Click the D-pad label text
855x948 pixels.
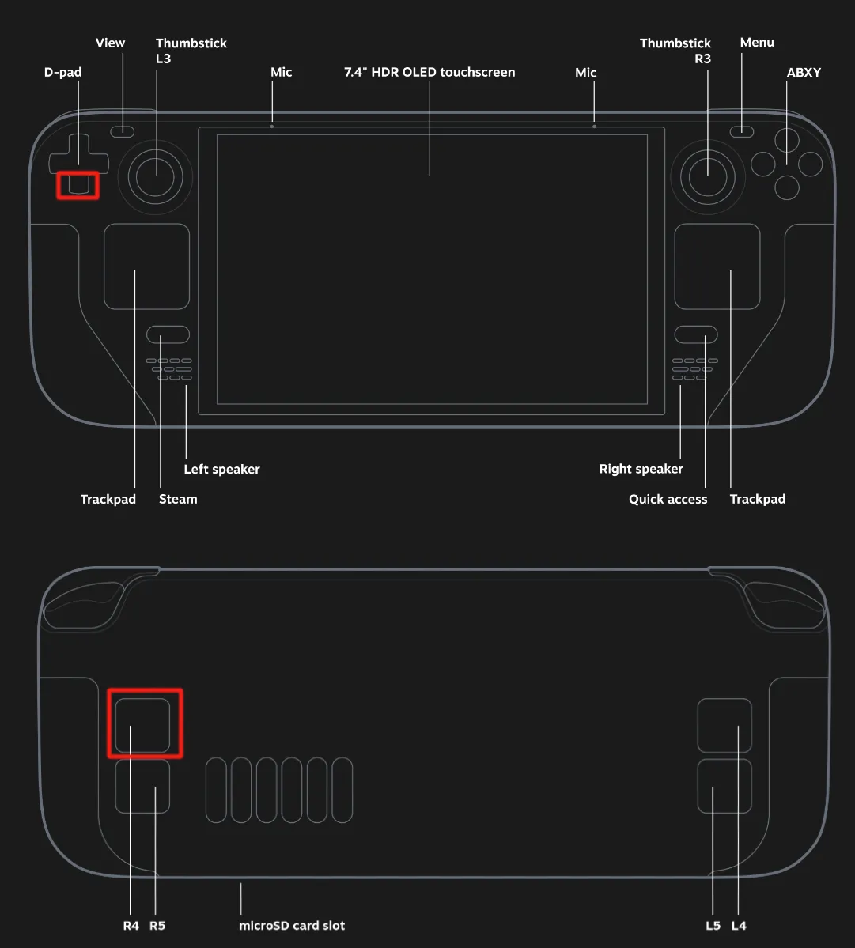coord(63,72)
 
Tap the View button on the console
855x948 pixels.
coord(122,131)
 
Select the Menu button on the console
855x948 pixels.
coord(742,131)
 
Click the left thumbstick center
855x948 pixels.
coord(155,177)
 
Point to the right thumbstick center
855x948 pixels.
coord(708,177)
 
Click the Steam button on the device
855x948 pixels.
coord(168,334)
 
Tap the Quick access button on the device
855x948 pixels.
coord(696,334)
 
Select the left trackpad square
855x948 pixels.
coord(147,266)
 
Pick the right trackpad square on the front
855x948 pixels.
coord(717,266)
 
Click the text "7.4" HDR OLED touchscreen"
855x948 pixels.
coord(429,72)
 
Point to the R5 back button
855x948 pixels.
coord(142,786)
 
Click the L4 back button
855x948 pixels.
coord(724,726)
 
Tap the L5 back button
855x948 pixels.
coord(724,786)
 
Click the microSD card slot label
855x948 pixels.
coord(291,926)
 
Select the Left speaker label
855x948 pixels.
coord(222,469)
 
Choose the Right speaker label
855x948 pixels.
coord(641,469)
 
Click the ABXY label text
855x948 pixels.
coord(804,72)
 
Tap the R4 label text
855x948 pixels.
coord(131,926)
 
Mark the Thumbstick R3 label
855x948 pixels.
coord(675,51)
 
